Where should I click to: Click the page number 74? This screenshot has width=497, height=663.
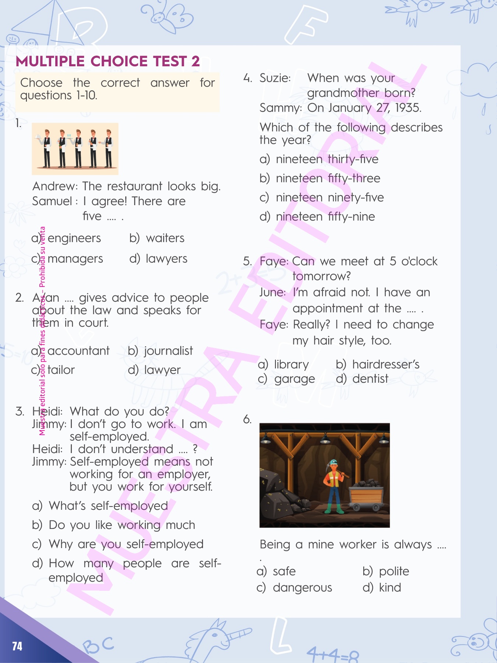17,646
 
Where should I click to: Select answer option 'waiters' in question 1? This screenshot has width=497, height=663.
165,238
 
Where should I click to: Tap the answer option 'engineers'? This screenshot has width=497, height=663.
74,238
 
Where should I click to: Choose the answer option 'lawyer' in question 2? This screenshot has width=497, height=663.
162,370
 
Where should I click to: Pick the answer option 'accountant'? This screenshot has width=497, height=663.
78,351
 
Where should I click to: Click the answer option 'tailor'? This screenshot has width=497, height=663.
61,370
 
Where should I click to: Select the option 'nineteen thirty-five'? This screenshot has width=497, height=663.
327,159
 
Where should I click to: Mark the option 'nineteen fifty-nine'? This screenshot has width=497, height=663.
325,217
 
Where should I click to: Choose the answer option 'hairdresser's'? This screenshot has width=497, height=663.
386,364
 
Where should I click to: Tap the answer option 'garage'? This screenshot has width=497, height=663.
295,379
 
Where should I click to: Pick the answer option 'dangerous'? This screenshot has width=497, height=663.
302,587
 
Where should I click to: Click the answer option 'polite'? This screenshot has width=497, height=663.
394,571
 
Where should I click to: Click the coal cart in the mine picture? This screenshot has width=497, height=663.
366,495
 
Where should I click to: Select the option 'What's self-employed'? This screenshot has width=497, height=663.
108,506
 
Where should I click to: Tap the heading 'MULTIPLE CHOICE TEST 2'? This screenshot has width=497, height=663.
108,62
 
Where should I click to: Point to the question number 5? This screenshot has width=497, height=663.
247,261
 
